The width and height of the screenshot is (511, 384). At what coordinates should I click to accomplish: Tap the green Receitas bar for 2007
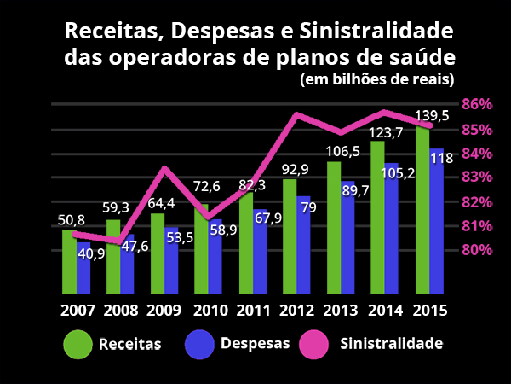point(69,260)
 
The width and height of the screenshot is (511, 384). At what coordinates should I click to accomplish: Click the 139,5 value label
point(432,115)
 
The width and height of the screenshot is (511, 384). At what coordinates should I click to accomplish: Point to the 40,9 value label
point(91,253)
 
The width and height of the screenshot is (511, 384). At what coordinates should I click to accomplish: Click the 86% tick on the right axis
point(477,104)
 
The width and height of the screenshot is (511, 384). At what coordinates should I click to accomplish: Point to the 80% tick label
point(477,250)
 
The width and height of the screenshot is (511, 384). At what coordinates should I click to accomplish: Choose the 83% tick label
point(477,177)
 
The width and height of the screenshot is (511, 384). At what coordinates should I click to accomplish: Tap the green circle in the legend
point(78,344)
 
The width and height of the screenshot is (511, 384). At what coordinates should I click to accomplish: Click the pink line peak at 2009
point(165,168)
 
